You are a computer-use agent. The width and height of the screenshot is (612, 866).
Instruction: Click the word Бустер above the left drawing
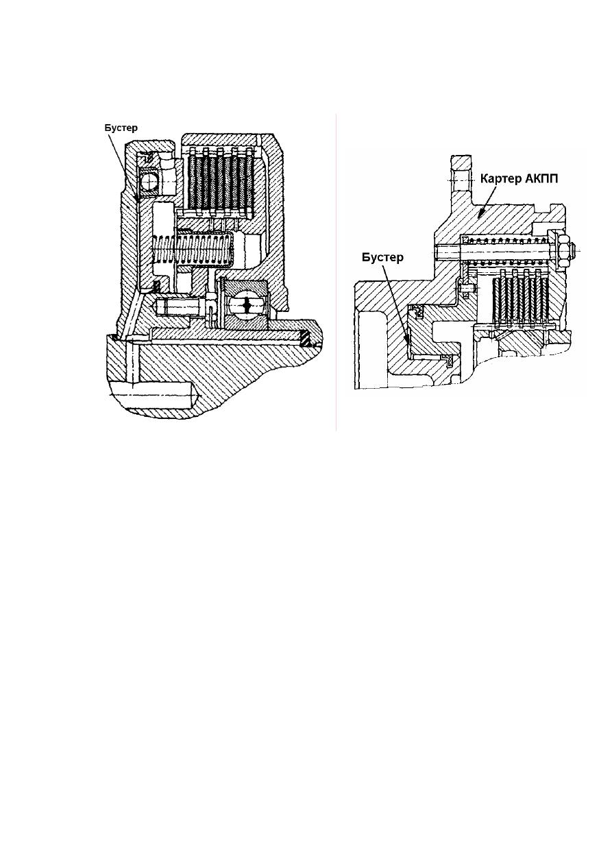[121, 128]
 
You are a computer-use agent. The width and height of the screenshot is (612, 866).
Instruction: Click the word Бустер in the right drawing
[382, 257]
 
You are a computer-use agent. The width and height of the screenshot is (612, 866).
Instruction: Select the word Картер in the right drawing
[500, 179]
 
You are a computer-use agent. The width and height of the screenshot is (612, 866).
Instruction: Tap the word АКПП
[541, 178]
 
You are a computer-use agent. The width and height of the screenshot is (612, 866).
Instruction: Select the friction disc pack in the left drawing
[219, 182]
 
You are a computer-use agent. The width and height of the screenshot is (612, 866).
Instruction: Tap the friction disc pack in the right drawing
[520, 297]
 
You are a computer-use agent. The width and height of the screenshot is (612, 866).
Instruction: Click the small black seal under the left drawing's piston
[157, 286]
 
